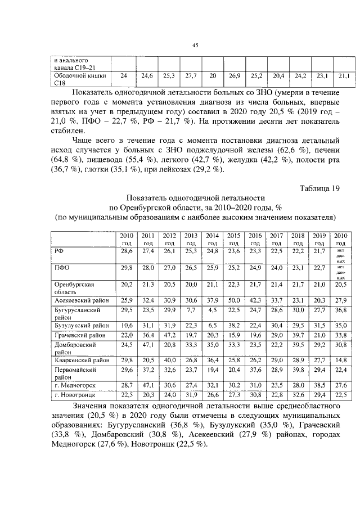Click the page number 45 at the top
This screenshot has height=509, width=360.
point(195,46)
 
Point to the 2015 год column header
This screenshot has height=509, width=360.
point(233,239)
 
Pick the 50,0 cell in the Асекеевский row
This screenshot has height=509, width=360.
point(234,301)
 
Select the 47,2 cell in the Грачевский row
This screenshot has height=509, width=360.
point(169,335)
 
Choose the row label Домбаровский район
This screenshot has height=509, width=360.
point(75,347)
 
